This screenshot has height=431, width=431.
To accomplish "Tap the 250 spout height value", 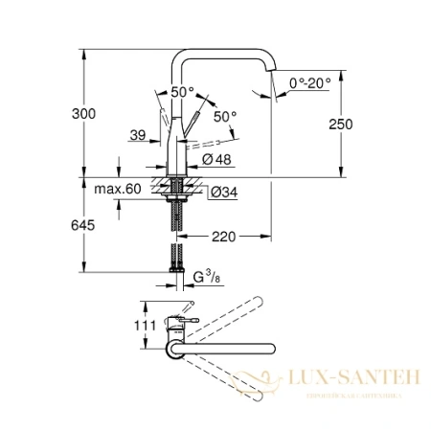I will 367,124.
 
